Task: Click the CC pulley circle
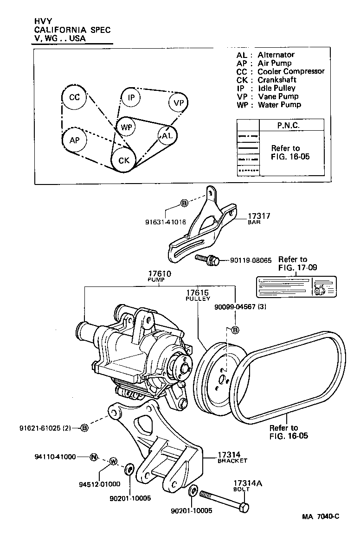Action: (74, 98)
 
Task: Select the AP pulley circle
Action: (75, 140)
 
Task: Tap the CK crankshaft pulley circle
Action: (123, 160)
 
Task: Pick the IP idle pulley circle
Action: (131, 98)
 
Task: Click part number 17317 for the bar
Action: (259, 216)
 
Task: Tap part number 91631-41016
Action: (165, 222)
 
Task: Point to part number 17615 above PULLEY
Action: (198, 293)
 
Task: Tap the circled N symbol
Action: (94, 457)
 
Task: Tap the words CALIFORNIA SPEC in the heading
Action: (73, 30)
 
